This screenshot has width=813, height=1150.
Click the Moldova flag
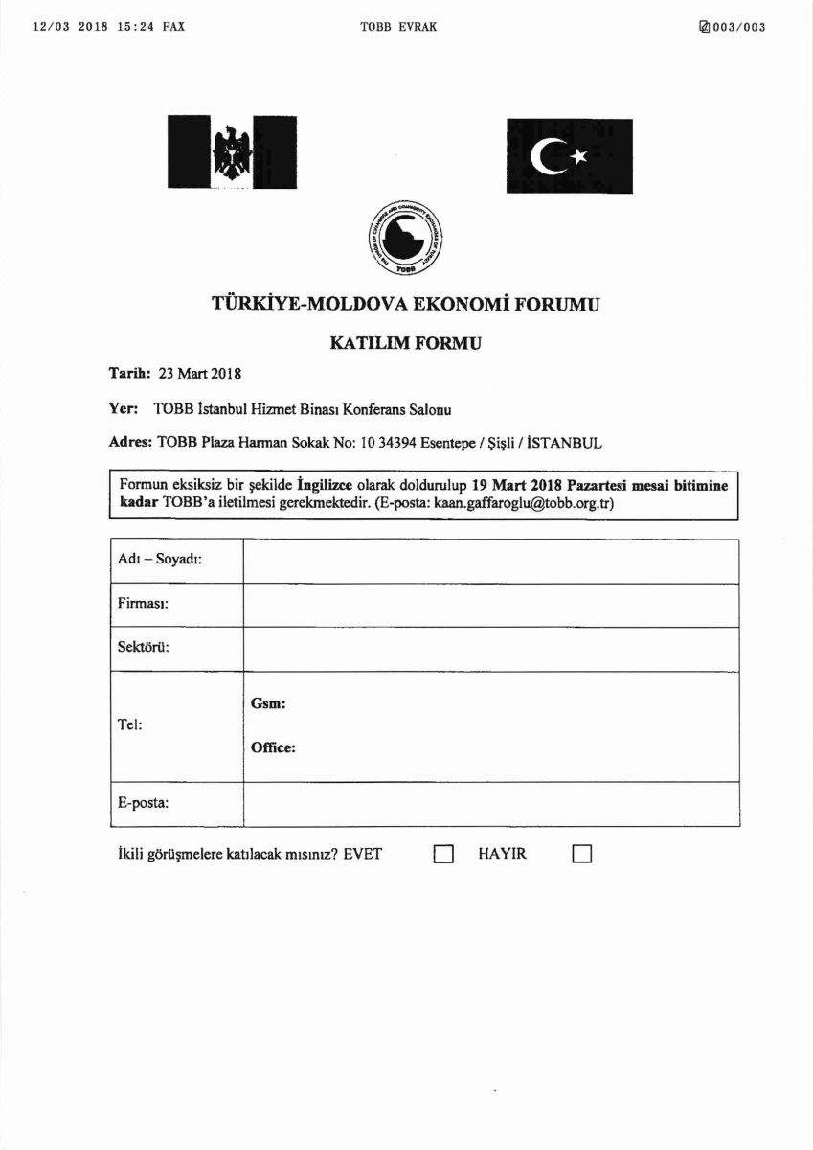click(232, 151)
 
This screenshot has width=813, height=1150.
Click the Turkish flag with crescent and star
click(570, 155)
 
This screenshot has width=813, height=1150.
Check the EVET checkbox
click(442, 854)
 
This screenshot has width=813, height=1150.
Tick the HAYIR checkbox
click(582, 854)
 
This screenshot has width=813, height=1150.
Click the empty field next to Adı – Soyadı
click(490, 561)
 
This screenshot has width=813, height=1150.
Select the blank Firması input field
click(490, 605)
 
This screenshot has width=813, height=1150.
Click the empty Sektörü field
click(490, 649)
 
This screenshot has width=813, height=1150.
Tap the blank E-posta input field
click(490, 803)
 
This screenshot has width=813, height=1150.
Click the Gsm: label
click(269, 703)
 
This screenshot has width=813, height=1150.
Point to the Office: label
click(273, 747)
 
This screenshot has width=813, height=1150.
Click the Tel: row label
click(130, 725)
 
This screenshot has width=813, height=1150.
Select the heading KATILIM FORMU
click(405, 341)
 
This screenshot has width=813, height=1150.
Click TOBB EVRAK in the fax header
click(398, 27)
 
